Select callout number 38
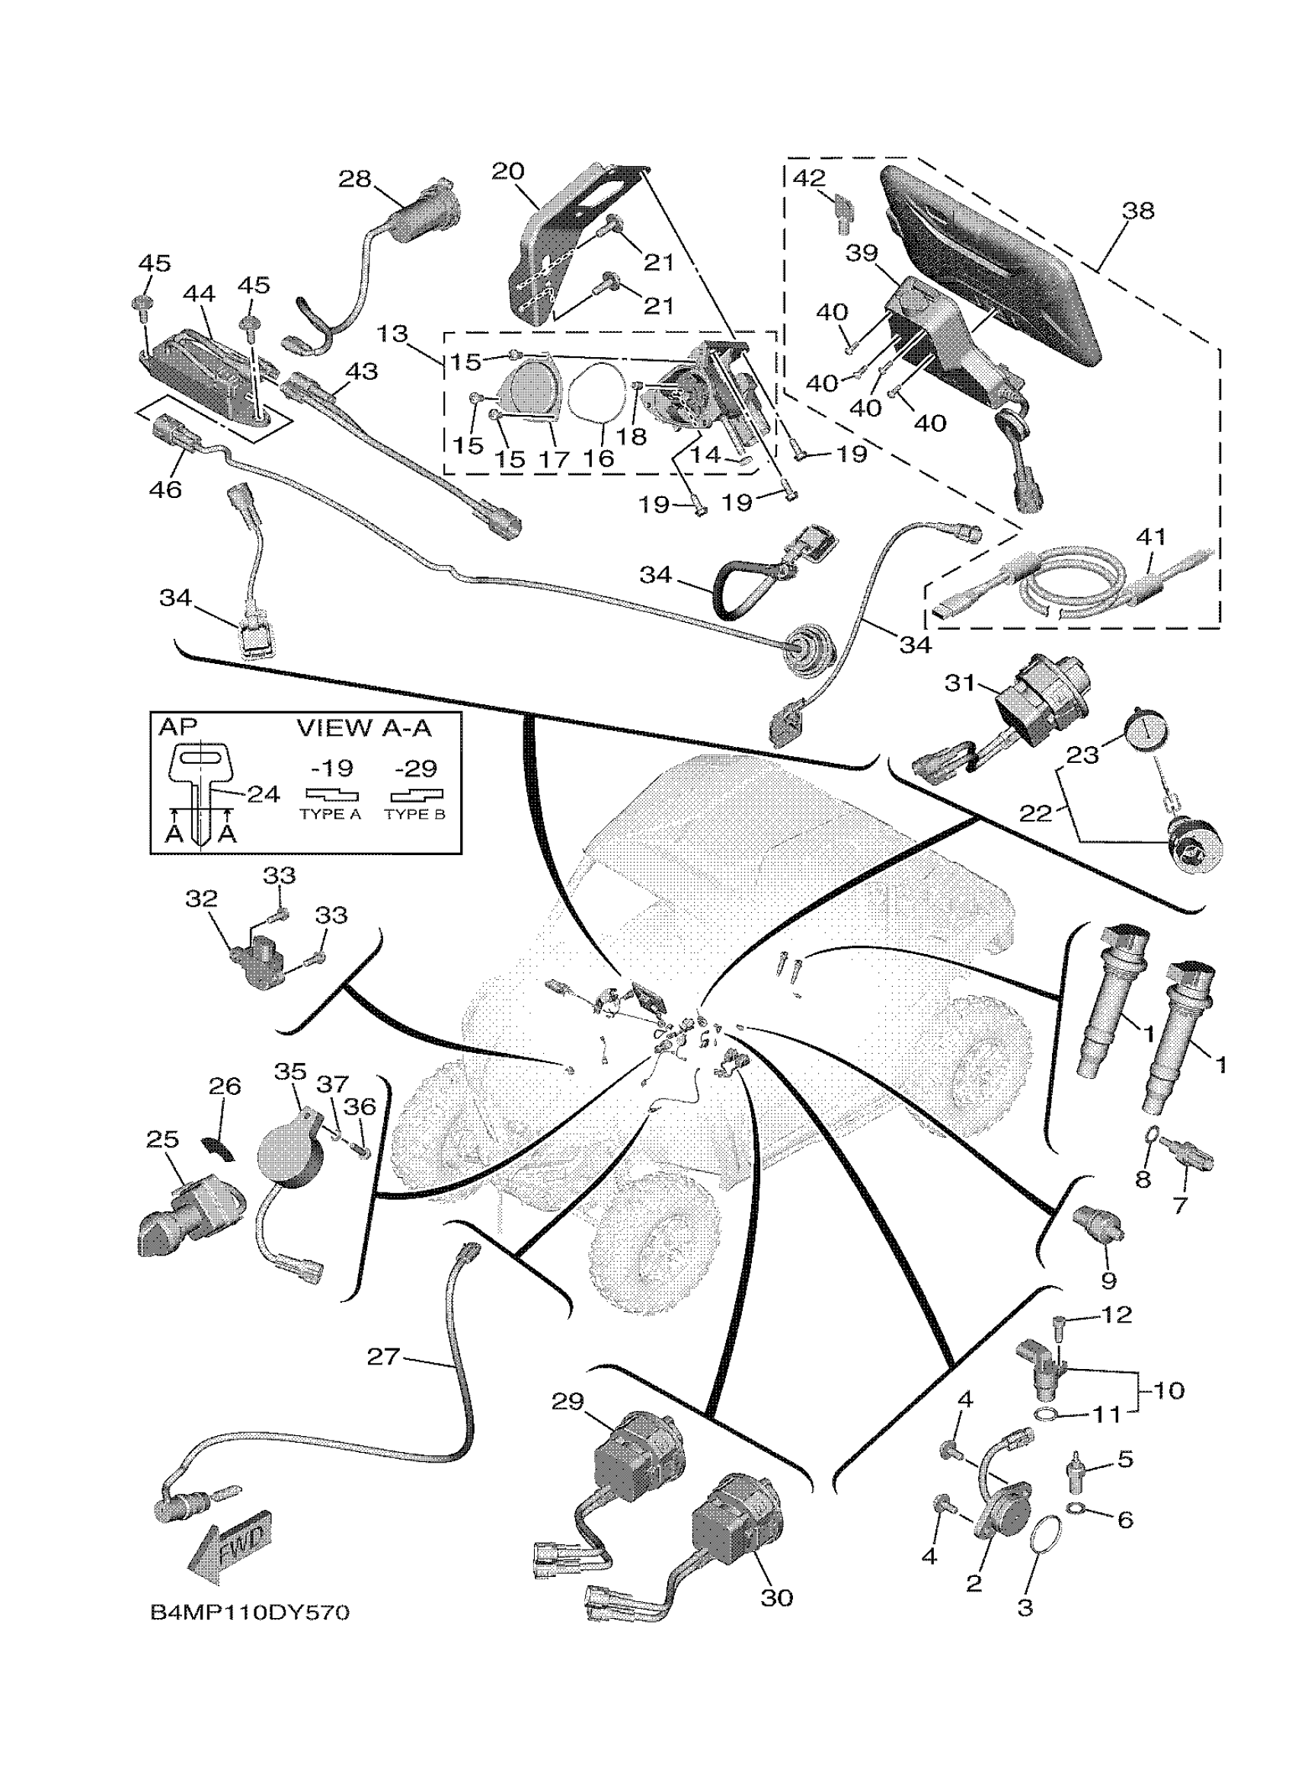pos(1137,211)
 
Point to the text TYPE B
pos(414,815)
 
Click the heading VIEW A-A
pos(364,728)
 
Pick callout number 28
pos(354,180)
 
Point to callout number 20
pos(507,171)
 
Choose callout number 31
pos(960,683)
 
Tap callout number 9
pos(1108,1281)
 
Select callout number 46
pos(165,490)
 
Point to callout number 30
pos(775,1597)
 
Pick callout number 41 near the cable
pos(1150,538)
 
